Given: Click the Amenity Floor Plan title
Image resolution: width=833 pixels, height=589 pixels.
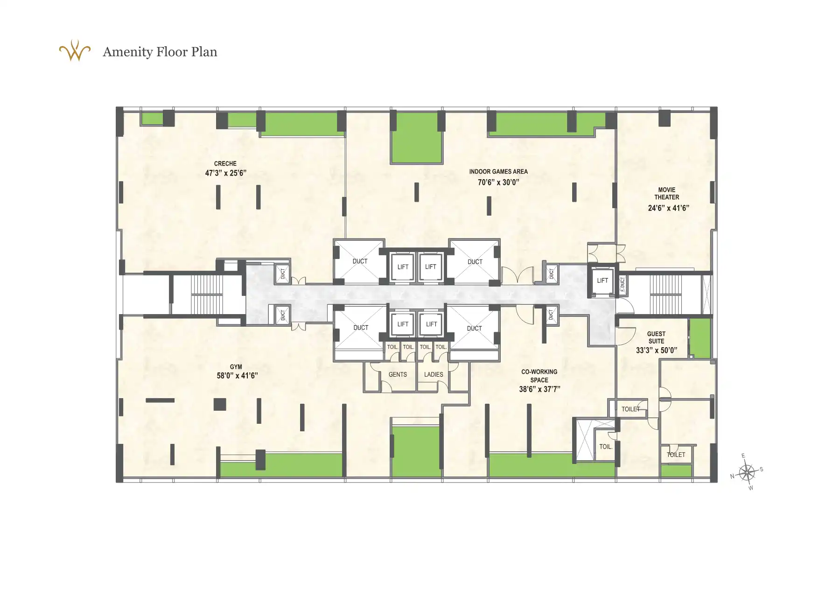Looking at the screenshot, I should coord(160,52).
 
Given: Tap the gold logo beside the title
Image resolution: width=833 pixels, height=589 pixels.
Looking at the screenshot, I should coord(75,51).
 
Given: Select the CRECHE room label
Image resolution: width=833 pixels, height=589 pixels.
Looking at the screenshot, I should coord(225,164).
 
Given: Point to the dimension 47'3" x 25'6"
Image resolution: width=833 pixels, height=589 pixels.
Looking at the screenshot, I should coord(225,173).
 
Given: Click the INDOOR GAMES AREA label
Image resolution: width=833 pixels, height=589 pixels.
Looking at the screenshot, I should coord(498,172).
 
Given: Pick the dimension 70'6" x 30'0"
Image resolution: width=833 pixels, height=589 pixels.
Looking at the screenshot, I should coord(498,182).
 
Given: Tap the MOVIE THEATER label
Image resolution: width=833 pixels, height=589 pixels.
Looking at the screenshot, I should coord(667,194).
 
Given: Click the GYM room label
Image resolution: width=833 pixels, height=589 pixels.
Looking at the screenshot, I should coord(236,367).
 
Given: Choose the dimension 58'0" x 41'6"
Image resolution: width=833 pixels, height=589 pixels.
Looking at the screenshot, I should coord(237,376).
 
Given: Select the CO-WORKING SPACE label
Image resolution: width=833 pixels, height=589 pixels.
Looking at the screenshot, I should coord(539,376).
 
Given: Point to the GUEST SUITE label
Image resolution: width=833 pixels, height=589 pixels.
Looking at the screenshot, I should coord(656,337).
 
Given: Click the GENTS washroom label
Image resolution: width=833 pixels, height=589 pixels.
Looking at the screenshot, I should coord(398,375).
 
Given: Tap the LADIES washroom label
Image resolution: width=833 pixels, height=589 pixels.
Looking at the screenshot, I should coord(434,375).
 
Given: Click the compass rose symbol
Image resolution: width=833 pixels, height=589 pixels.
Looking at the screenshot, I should coord(747,472).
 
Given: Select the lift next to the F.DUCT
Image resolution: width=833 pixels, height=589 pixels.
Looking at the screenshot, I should coord(602,280).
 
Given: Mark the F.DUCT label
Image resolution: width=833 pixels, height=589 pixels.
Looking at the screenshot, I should coord(623,284).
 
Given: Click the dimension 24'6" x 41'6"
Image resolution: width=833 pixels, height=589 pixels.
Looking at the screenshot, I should coord(668,208).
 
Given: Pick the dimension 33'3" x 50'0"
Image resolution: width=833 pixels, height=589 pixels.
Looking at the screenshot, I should coord(656,351).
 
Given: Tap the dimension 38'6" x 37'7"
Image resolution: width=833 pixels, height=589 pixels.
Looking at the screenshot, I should coord(539,389).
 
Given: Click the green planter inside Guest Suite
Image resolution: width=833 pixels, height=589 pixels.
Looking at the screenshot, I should coord(700,338).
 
